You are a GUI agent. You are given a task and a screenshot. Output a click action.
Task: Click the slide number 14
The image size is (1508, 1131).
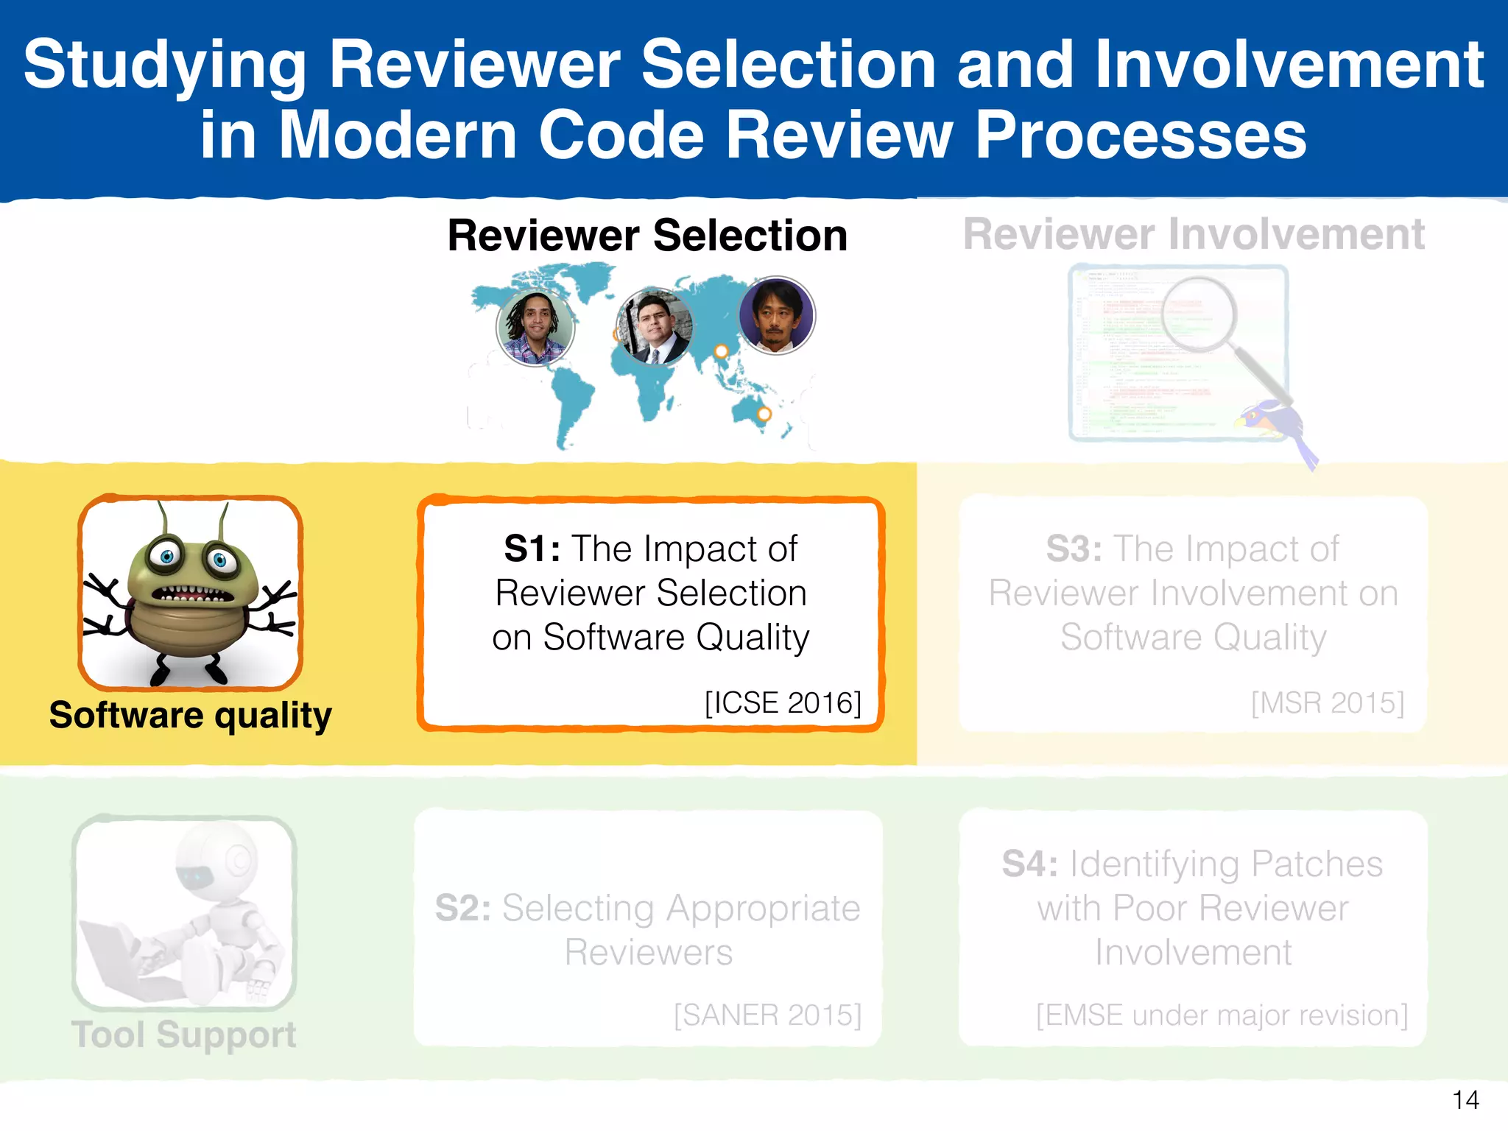pos(1465,1100)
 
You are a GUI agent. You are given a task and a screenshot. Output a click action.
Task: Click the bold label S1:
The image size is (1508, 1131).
pos(532,549)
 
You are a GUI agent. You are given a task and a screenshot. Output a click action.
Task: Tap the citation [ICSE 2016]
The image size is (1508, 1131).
pos(783,702)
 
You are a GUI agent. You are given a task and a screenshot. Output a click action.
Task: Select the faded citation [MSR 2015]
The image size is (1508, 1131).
pos(1328,702)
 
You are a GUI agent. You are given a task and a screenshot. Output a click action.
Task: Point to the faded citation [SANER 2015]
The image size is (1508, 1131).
pos(767,1015)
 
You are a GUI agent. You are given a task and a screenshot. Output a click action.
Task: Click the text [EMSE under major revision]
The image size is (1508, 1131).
pos(1222,1015)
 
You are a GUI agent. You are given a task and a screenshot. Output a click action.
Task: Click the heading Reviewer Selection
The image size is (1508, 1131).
pos(647,236)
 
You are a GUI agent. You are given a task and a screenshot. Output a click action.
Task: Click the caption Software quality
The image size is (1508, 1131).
pos(190,715)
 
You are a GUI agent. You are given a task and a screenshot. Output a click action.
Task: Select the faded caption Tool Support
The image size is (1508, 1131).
pos(183,1034)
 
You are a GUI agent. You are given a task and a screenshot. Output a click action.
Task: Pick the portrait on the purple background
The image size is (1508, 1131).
pos(776,315)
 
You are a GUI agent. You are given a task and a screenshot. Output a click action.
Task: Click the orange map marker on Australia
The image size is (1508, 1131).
pos(764,414)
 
